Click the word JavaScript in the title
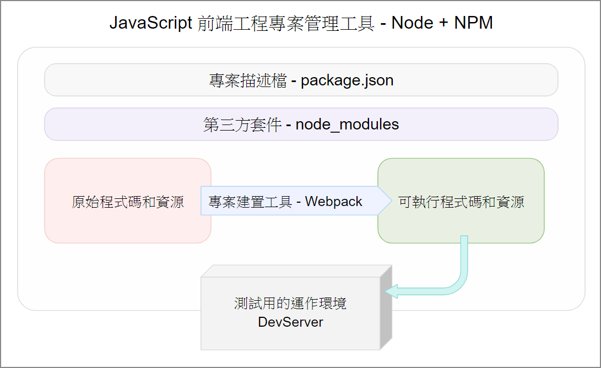tap(150, 23)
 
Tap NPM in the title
tap(473, 23)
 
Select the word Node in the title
tap(412, 23)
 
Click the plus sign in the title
tap(443, 23)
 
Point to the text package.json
tap(347, 81)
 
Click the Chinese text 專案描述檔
tap(247, 80)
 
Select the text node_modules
tap(347, 125)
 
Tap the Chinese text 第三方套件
tap(242, 125)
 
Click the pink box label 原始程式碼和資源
tap(128, 202)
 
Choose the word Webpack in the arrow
tap(333, 202)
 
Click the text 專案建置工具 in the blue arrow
tap(250, 202)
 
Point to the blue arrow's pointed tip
tap(391, 201)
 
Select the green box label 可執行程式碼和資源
tap(461, 202)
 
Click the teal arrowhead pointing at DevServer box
tap(391, 291)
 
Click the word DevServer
tap(290, 322)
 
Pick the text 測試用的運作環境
tap(290, 303)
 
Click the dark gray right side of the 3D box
tap(386, 307)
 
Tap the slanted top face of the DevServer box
tap(296, 271)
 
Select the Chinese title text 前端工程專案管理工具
tap(286, 23)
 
